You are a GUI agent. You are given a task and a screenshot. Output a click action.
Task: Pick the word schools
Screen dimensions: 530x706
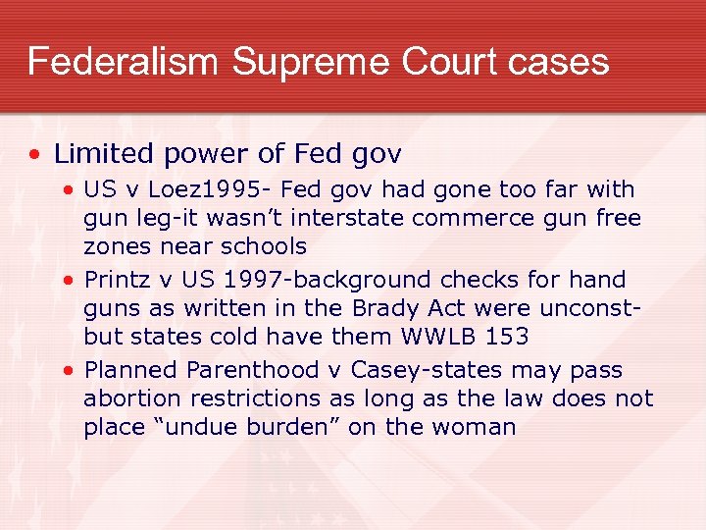(x=263, y=245)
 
